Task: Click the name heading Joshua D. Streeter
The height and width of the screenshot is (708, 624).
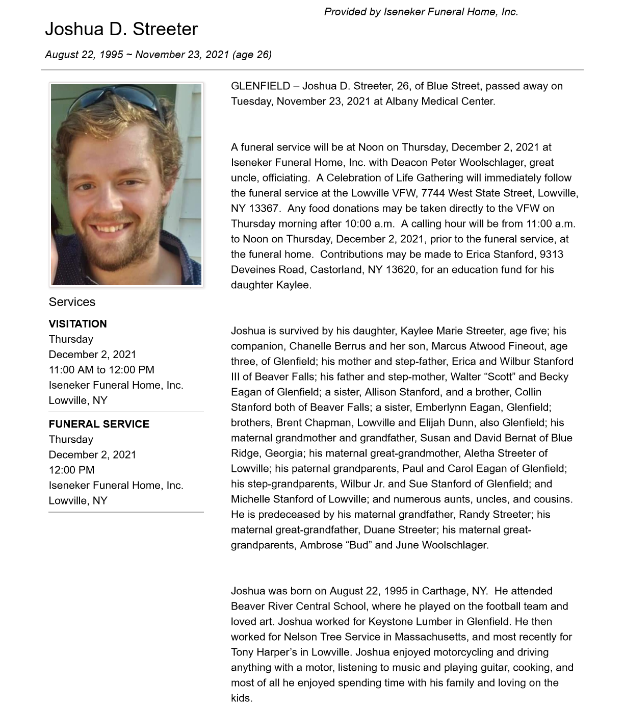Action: pyautogui.click(x=121, y=29)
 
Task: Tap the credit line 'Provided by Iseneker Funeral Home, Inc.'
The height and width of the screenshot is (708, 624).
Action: pyautogui.click(x=421, y=12)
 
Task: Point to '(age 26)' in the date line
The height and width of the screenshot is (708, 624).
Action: pyautogui.click(x=252, y=55)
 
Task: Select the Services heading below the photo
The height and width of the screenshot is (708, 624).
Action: pyautogui.click(x=72, y=302)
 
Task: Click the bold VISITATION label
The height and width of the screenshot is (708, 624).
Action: pyautogui.click(x=77, y=324)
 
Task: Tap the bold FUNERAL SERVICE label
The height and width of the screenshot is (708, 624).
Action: pyautogui.click(x=99, y=424)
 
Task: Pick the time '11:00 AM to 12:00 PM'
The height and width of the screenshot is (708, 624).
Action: pyautogui.click(x=101, y=370)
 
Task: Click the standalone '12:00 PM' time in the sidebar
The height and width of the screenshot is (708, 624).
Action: pyautogui.click(x=71, y=470)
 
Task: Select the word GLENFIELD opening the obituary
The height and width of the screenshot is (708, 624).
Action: pyautogui.click(x=261, y=86)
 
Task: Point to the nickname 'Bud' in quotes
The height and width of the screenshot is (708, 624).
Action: pyautogui.click(x=358, y=545)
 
